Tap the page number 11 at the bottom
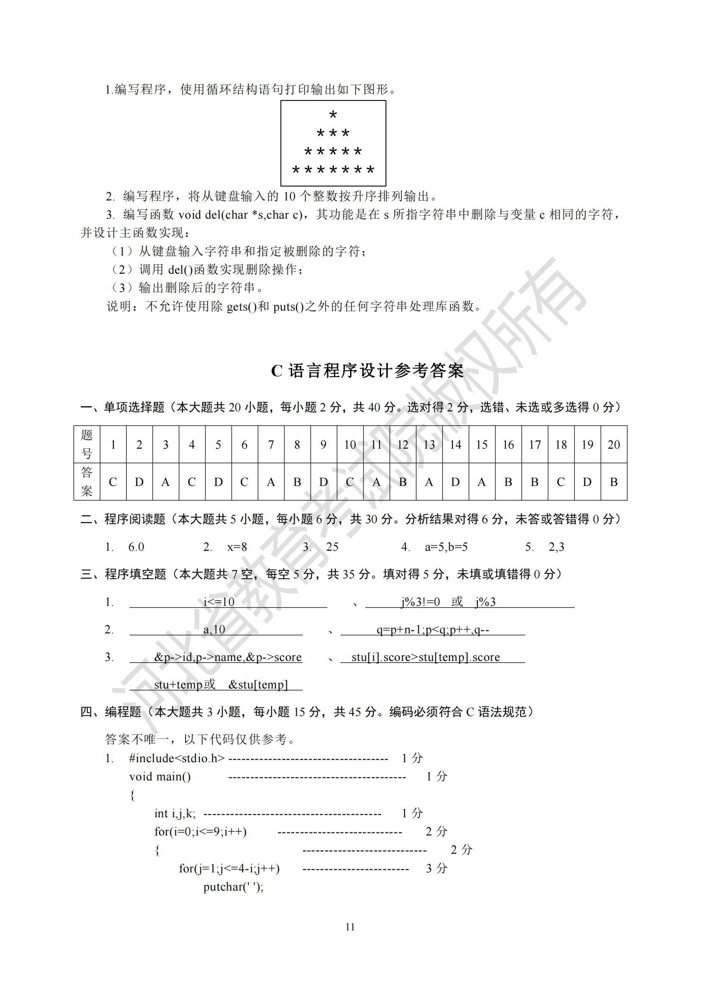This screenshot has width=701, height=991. click(350, 926)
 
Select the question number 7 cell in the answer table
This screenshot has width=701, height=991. click(271, 444)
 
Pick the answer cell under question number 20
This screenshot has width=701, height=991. click(613, 482)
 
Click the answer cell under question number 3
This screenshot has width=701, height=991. click(165, 482)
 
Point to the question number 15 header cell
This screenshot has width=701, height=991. click(482, 444)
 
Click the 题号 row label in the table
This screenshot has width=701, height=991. click(87, 444)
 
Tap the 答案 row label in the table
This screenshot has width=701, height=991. click(87, 482)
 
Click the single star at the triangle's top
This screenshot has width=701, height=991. click(333, 115)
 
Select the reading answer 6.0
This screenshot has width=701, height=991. click(136, 547)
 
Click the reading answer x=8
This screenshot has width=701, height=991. click(237, 547)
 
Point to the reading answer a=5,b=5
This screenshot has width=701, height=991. click(446, 547)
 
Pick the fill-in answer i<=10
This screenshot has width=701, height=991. click(219, 602)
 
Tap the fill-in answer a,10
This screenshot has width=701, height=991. click(214, 630)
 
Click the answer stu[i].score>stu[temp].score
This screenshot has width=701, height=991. click(426, 658)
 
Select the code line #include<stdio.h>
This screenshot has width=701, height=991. click(177, 758)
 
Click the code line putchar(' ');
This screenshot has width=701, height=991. click(234, 886)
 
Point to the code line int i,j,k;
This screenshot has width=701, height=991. click(175, 813)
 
